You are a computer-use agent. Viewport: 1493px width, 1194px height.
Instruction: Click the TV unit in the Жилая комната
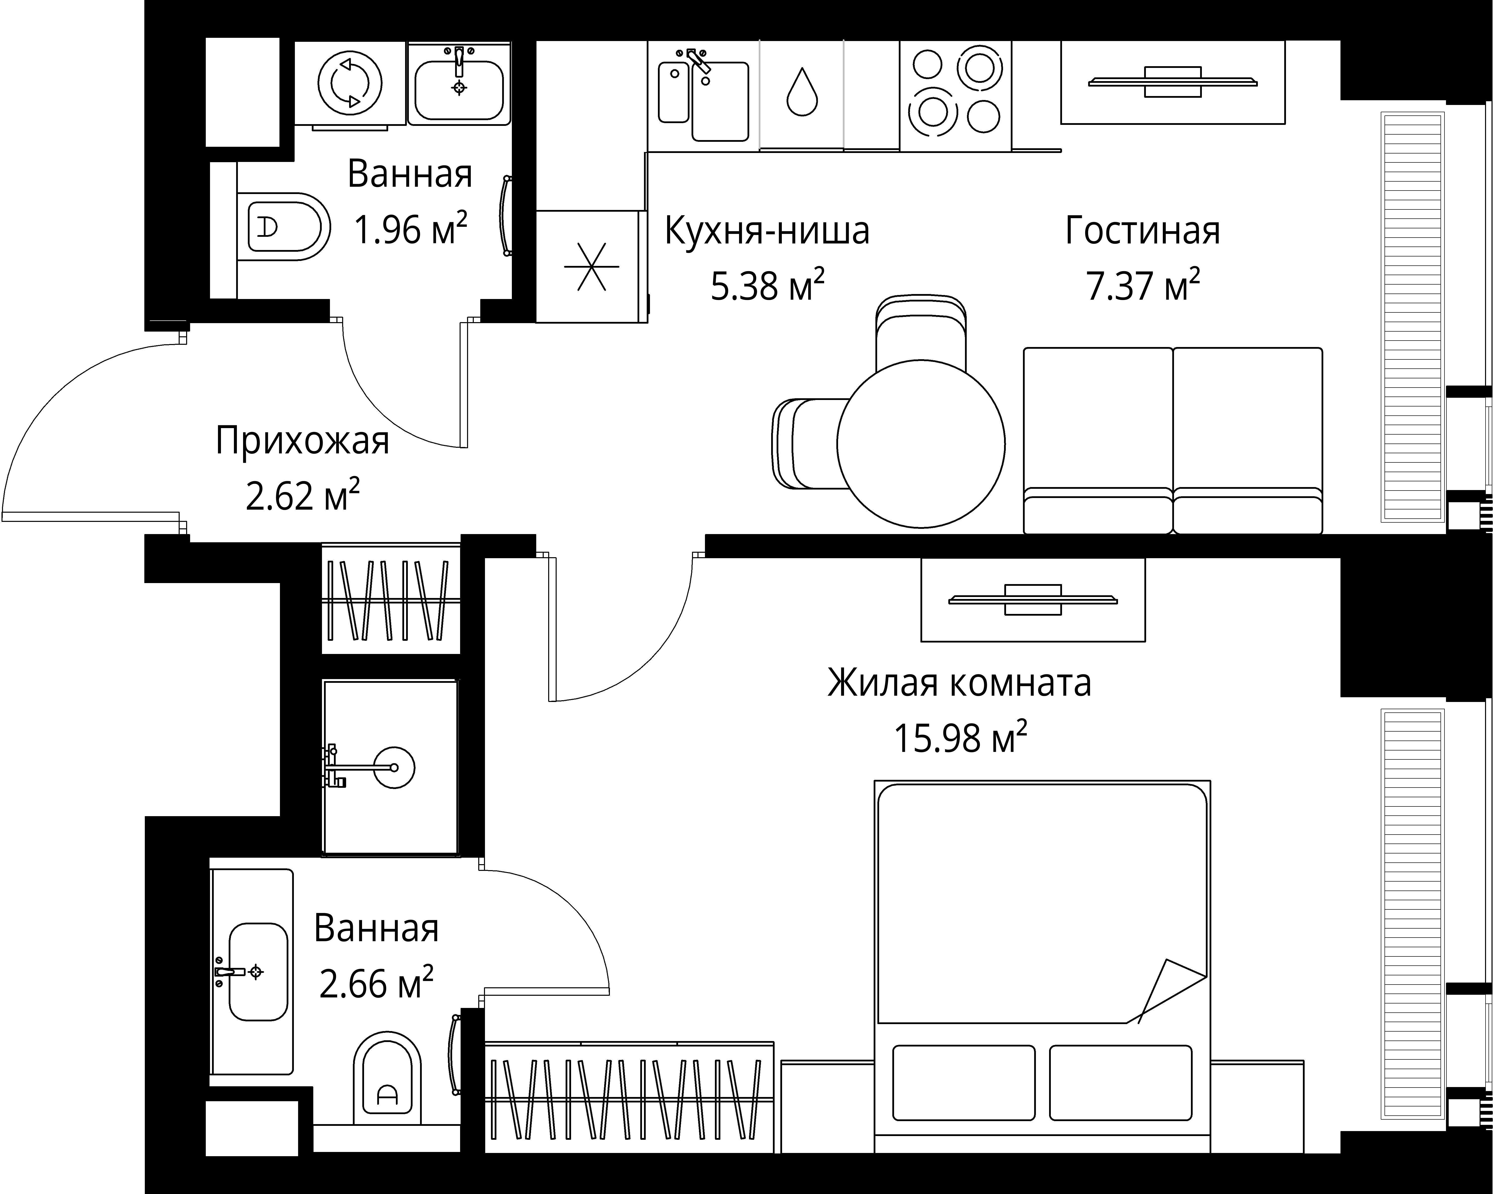tap(1032, 599)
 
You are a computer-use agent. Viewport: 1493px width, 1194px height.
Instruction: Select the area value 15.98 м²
tap(960, 739)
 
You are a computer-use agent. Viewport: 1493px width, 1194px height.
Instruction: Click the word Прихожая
tap(303, 441)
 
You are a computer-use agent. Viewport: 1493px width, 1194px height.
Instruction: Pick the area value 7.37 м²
tap(1143, 286)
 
